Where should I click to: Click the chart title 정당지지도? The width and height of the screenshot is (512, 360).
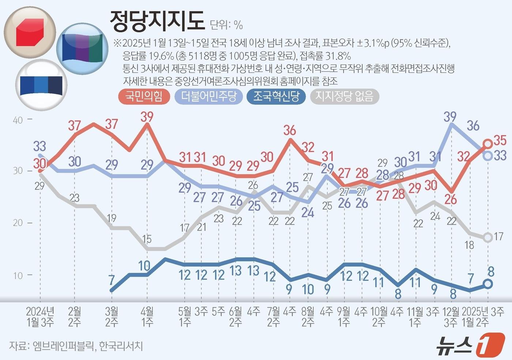pyautogui.click(x=157, y=21)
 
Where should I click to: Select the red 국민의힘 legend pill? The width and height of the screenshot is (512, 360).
pyautogui.click(x=144, y=96)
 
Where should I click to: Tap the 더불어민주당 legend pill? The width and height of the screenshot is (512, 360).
pyautogui.click(x=209, y=96)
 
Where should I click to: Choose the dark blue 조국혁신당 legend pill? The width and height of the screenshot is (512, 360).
pyautogui.click(x=276, y=96)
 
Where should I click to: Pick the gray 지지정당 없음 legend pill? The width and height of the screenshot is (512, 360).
pyautogui.click(x=344, y=96)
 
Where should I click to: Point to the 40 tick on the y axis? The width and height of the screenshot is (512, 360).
pyautogui.click(x=18, y=120)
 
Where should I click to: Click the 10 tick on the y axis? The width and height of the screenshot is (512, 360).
pyautogui.click(x=18, y=276)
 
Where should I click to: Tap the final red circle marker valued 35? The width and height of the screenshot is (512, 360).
pyautogui.click(x=487, y=144)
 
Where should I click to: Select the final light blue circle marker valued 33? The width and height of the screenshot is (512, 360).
pyautogui.click(x=487, y=155)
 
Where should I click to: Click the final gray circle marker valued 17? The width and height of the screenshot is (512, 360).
pyautogui.click(x=487, y=238)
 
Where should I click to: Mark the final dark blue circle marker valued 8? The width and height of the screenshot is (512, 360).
pyautogui.click(x=487, y=284)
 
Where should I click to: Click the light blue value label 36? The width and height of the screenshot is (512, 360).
pyautogui.click(x=473, y=126)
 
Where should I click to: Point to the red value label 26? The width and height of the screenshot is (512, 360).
pyautogui.click(x=451, y=200)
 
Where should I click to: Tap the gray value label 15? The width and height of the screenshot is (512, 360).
pyautogui.click(x=147, y=239)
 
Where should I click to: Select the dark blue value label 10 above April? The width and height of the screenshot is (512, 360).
pyautogui.click(x=144, y=266)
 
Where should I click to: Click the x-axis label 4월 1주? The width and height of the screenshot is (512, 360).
pyautogui.click(x=147, y=317)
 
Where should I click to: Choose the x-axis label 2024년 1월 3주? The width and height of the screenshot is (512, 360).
pyautogui.click(x=40, y=317)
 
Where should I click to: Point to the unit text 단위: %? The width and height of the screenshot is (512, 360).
pyautogui.click(x=226, y=25)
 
